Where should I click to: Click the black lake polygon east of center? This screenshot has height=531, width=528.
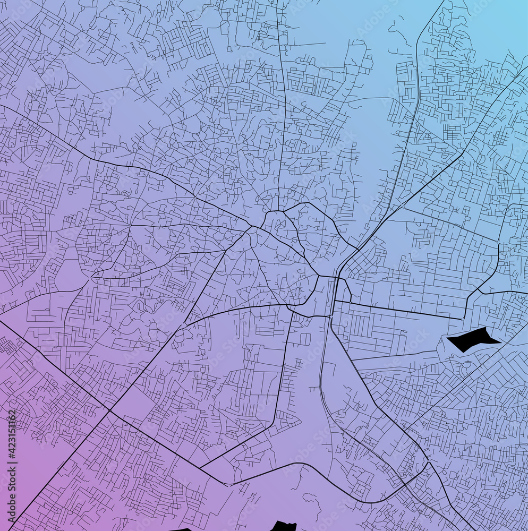(x=471, y=339)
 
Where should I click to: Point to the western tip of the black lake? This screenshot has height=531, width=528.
(x=447, y=338)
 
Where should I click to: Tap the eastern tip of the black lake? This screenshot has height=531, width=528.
(x=500, y=342)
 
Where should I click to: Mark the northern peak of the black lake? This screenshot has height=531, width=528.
(x=484, y=328)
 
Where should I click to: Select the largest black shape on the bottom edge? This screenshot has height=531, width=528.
(x=283, y=526)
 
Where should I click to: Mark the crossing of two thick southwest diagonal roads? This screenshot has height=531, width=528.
(x=109, y=410)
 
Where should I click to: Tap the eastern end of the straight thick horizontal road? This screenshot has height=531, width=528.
(x=462, y=319)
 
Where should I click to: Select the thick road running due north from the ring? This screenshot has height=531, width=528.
(x=282, y=106)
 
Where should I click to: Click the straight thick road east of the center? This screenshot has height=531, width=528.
(x=398, y=310)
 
